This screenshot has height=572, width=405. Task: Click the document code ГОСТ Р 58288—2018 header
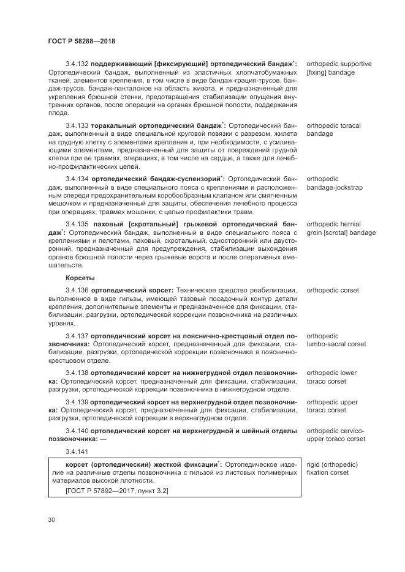pos(81,40)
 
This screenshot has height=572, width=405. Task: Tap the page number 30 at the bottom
pos(51,520)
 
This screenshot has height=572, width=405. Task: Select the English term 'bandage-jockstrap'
pos(335,187)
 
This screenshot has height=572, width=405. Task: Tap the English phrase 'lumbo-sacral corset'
pos(336,344)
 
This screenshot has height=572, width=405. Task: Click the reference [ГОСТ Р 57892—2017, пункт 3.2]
pos(116,491)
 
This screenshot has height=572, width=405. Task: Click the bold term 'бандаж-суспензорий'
pos(184,179)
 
